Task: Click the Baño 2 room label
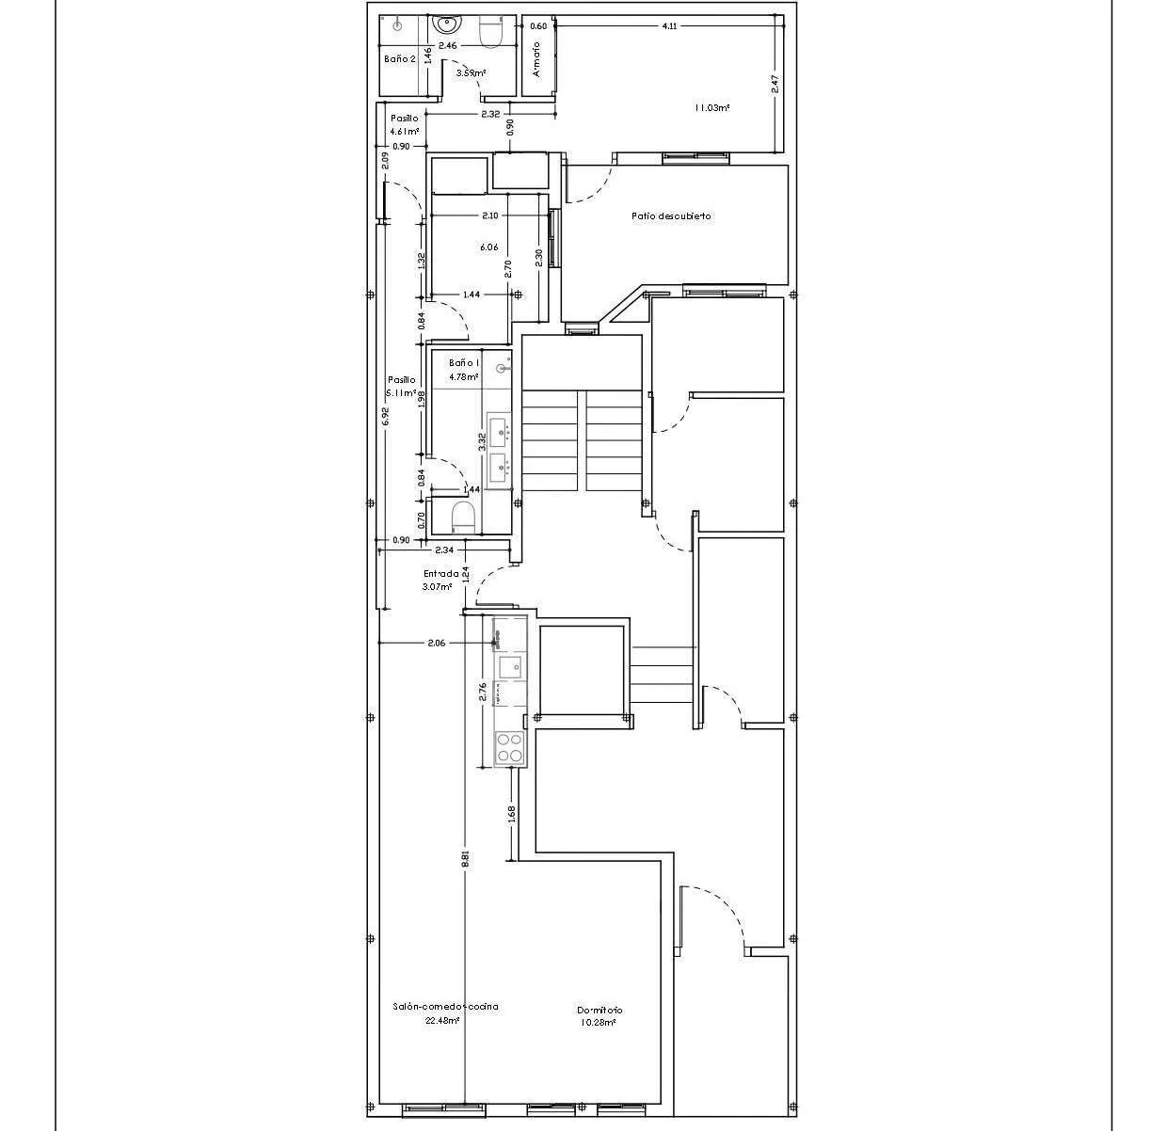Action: click(399, 58)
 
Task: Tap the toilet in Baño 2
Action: click(491, 33)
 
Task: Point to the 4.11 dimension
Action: click(669, 26)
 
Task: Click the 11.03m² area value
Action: click(712, 108)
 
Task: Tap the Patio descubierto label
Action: click(671, 216)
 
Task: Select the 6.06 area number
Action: click(488, 247)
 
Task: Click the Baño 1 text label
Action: click(464, 363)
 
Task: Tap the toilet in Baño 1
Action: click(462, 516)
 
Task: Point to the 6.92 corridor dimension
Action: click(385, 417)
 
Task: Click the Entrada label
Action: click(440, 574)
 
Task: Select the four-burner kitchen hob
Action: click(510, 748)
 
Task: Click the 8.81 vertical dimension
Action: click(465, 858)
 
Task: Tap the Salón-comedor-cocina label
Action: click(445, 1007)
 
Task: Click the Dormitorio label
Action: click(599, 1011)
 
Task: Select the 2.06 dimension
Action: click(436, 644)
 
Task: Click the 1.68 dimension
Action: click(512, 814)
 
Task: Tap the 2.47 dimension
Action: click(776, 84)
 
